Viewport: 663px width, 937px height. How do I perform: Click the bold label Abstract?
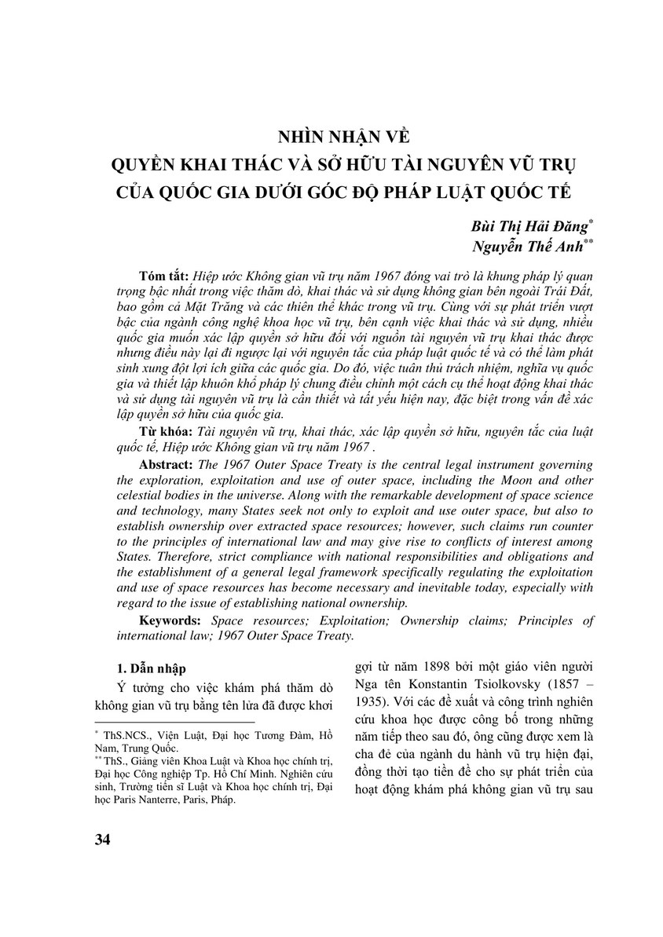[x=166, y=465]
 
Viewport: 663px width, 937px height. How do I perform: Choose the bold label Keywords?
[x=170, y=621]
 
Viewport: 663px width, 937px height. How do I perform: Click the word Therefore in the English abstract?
[x=161, y=558]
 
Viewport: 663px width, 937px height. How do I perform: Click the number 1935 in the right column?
[x=372, y=700]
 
